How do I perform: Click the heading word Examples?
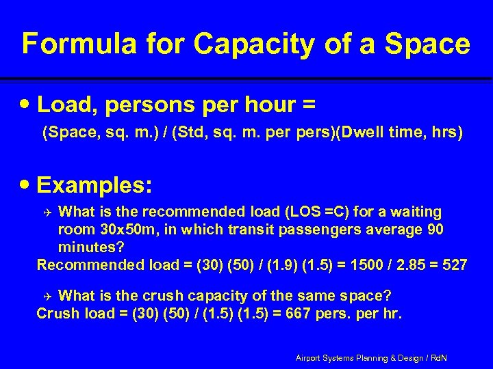[95, 185]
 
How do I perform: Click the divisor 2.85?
[407, 264]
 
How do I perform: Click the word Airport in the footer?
[310, 357]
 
